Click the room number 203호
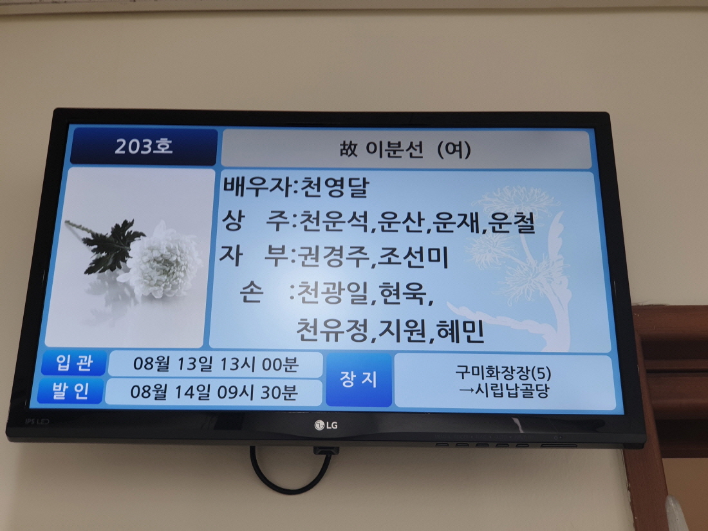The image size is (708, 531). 144,146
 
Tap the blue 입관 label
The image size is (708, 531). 75,363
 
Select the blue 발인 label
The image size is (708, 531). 71,391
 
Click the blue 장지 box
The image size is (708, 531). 359,380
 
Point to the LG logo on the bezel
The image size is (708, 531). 326,425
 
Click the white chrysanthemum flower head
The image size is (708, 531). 163,261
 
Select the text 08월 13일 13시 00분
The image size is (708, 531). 216,364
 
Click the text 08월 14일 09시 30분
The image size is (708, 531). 214,392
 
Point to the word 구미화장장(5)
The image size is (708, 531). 503,373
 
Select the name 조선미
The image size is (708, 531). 413,257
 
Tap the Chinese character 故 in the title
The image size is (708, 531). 349,149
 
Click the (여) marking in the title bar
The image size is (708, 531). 454,149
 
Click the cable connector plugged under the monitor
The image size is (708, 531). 326,450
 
